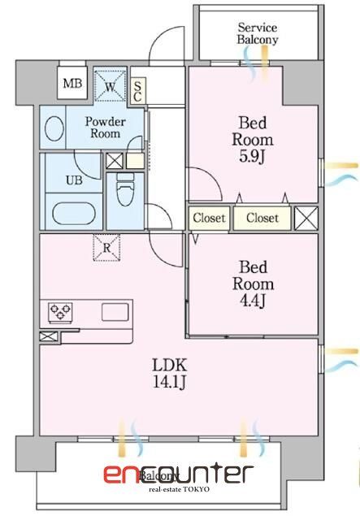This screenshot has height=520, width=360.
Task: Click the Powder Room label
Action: [106, 127]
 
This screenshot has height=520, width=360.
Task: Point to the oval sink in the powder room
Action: [55, 129]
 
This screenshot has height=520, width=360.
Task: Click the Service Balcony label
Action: [258, 33]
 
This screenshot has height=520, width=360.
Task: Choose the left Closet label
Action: [209, 218]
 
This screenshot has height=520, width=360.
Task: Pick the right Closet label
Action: [262, 218]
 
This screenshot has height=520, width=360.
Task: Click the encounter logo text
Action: [178, 473]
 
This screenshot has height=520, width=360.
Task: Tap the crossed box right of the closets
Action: [306, 218]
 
